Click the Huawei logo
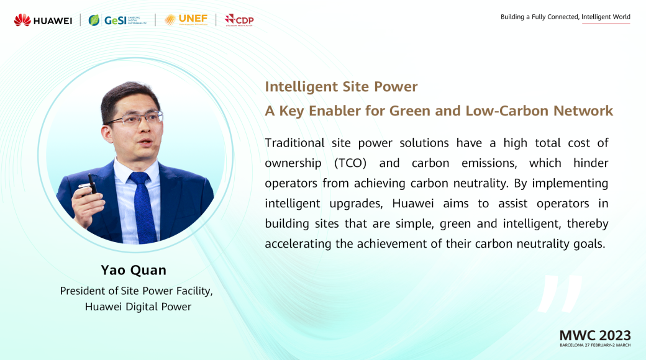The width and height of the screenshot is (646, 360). coord(43,20)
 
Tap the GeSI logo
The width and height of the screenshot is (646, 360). coord(117,20)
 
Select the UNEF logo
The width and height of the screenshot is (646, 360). coord(186,20)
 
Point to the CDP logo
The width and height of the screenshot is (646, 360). coord(239,20)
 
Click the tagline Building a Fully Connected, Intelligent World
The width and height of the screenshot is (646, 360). coord(565,17)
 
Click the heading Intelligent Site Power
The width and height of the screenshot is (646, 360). coord(341,87)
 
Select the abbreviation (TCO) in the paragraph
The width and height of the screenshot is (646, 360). coord(350,163)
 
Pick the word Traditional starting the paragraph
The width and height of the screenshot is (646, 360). coord(294,143)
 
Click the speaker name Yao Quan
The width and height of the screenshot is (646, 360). coord(134,270)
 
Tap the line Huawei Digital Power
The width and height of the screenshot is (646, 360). coord(138,307)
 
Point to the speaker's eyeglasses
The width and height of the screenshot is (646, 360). coord(135,119)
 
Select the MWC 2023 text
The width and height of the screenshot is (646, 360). coord(595,335)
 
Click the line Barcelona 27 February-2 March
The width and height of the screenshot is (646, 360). coord(595,345)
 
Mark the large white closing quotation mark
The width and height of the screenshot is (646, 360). coord(560,293)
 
